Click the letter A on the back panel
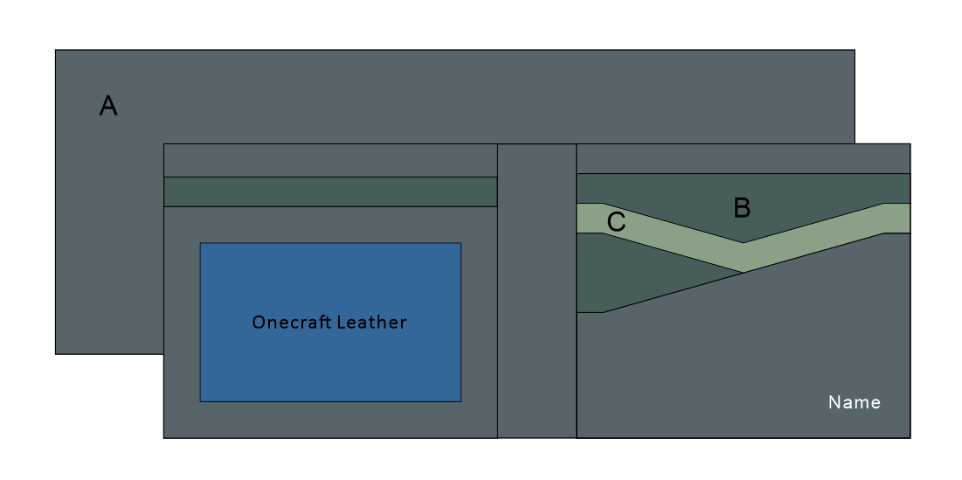108,106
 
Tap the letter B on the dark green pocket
742,208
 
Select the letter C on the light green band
616,222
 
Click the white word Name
854,402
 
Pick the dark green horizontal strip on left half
330,191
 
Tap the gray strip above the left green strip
330,161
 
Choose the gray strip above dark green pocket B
743,158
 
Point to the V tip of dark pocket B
743,242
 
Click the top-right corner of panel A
854,51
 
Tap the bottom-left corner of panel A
56,353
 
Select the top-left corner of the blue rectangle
201,244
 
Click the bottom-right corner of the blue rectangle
460,400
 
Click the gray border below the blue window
330,420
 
